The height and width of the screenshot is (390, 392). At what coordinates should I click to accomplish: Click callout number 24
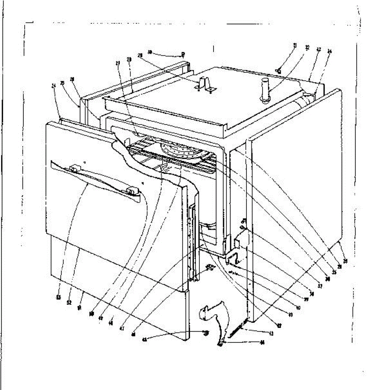tap(54, 86)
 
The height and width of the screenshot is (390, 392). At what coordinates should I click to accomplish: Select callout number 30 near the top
tap(150, 52)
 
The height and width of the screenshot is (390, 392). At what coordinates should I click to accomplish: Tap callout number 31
tap(295, 45)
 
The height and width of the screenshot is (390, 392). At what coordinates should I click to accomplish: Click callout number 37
tap(319, 286)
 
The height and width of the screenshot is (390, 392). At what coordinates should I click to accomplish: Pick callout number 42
tap(279, 326)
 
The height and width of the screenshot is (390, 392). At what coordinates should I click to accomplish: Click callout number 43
tap(271, 333)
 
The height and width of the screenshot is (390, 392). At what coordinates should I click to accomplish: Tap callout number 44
tap(262, 343)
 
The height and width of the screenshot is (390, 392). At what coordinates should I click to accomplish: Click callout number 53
tap(58, 297)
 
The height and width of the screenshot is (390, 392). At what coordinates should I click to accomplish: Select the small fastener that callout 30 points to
tap(183, 54)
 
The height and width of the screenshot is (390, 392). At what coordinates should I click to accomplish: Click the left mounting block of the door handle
tap(75, 168)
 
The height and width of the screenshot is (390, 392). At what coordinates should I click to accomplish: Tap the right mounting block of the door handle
tap(132, 190)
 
